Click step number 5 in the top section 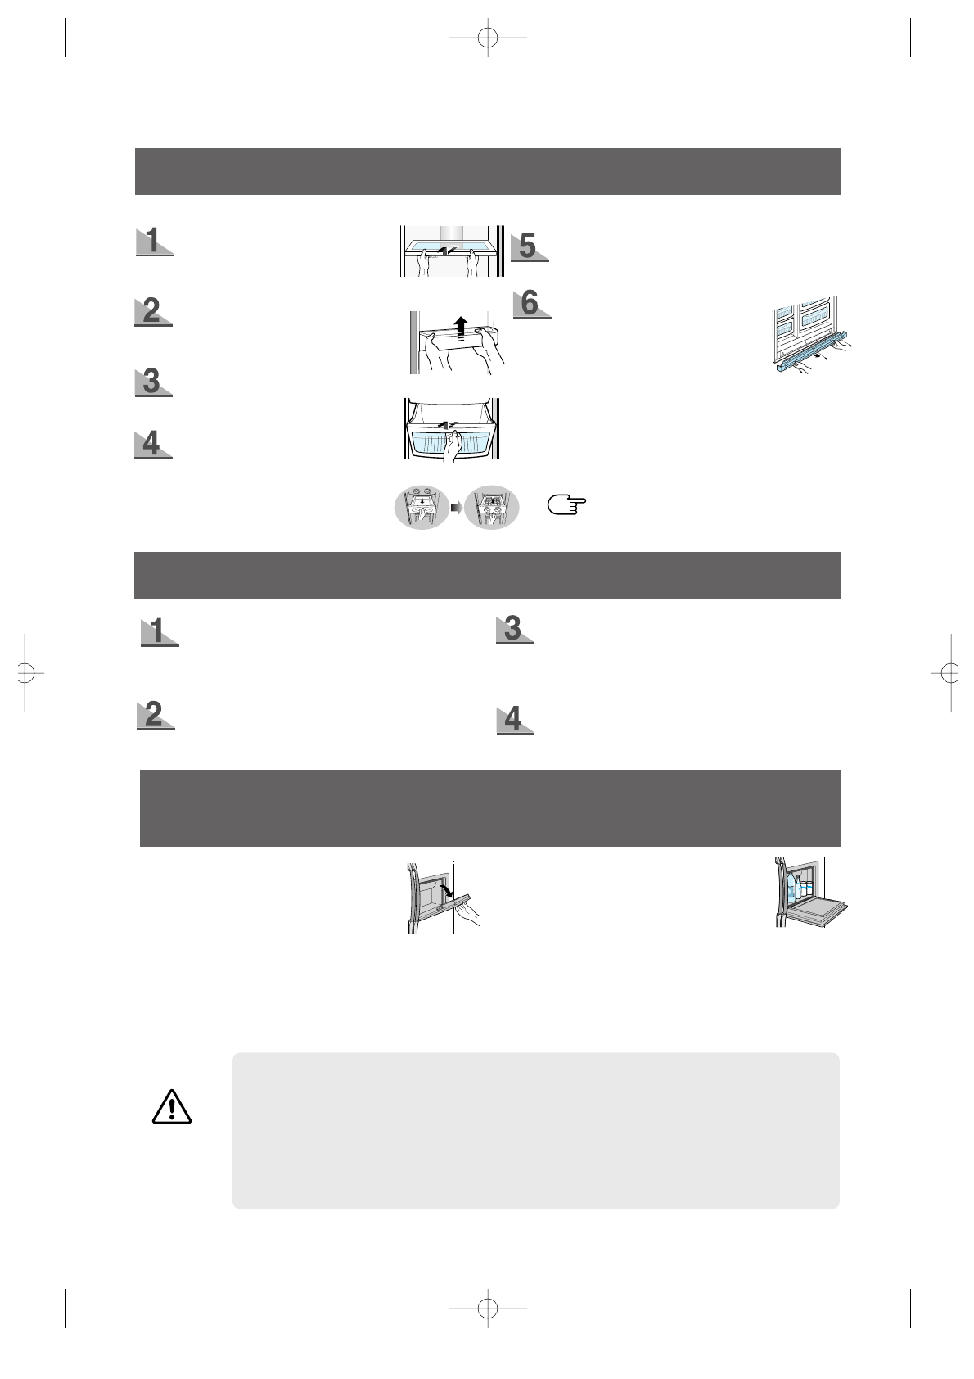click(529, 246)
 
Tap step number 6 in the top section click(530, 303)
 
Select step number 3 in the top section click(152, 382)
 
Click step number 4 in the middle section click(514, 719)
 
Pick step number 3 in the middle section click(514, 629)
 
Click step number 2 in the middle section click(154, 715)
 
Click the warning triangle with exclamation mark click(171, 1106)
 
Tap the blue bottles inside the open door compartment click(798, 888)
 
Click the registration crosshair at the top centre click(488, 38)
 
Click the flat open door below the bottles click(818, 909)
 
